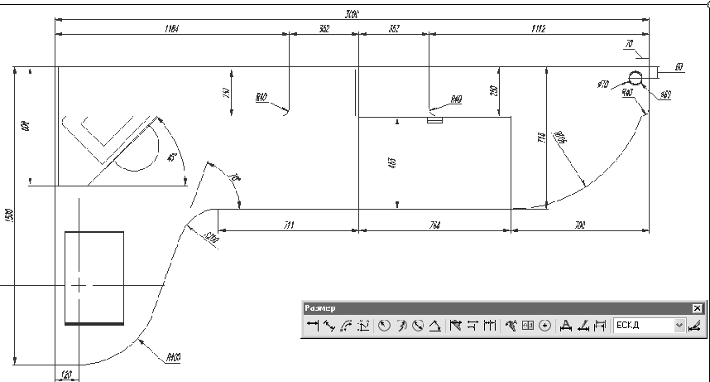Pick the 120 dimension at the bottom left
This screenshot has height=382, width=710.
[65, 375]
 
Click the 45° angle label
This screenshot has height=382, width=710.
[171, 157]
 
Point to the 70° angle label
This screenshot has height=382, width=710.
[233, 176]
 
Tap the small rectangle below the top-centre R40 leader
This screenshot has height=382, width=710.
[434, 119]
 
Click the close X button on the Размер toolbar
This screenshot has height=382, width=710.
[697, 308]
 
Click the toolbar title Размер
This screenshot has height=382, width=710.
[320, 308]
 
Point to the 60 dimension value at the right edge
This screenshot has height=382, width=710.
[679, 66]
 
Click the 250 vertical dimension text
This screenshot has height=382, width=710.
[493, 91]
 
